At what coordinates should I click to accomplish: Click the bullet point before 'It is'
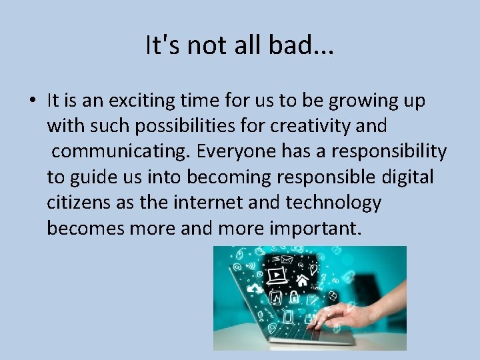click(32, 101)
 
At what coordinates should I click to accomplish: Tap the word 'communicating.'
click(122, 151)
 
